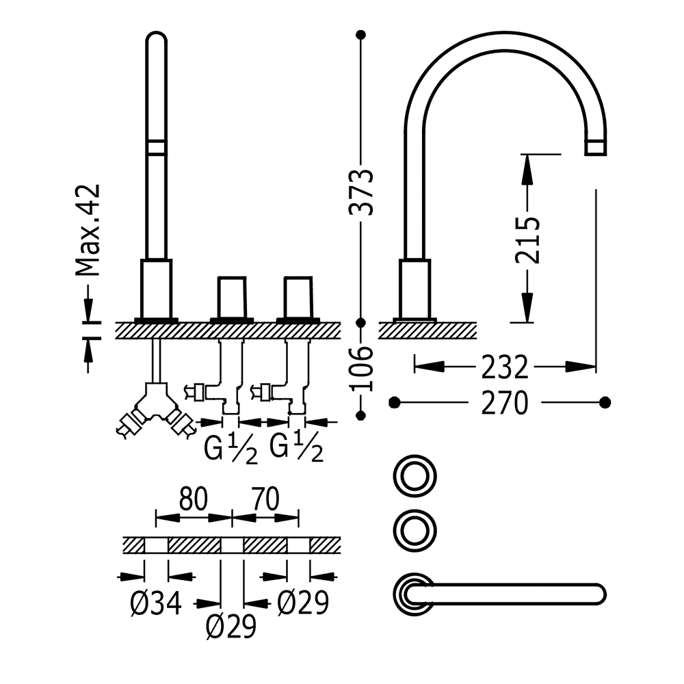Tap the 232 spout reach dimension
pos(505,367)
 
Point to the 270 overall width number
pos(505,403)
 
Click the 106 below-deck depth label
pos(362,369)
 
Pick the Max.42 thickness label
pos(88,231)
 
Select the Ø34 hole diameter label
pos(156,604)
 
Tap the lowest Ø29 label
pos(231,627)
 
